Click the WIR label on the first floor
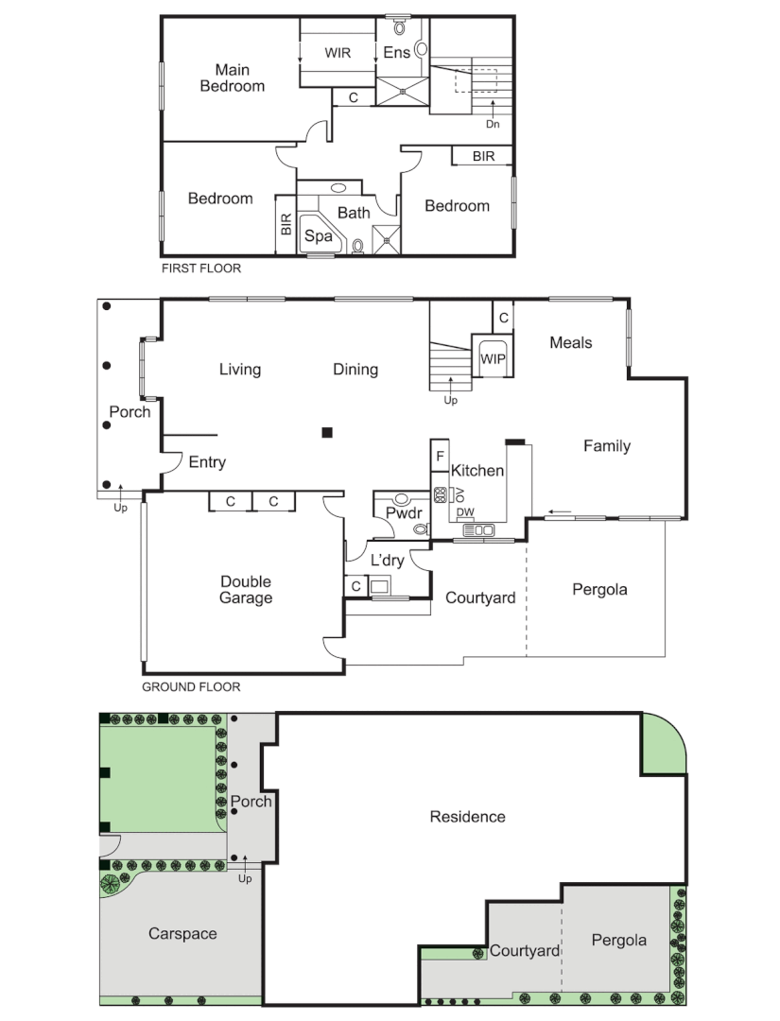click(338, 53)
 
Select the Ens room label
click(396, 53)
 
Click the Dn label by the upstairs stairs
click(493, 124)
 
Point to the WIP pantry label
click(493, 359)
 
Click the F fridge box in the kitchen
click(440, 456)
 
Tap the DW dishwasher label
click(465, 512)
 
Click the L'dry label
click(387, 561)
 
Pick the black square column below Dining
click(327, 433)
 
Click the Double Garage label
click(246, 590)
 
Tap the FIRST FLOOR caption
click(201, 268)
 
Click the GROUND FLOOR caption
click(191, 687)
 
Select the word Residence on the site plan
click(467, 817)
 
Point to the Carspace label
click(182, 934)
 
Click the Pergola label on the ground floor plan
click(599, 590)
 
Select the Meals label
click(571, 343)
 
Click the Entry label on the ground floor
click(207, 462)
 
